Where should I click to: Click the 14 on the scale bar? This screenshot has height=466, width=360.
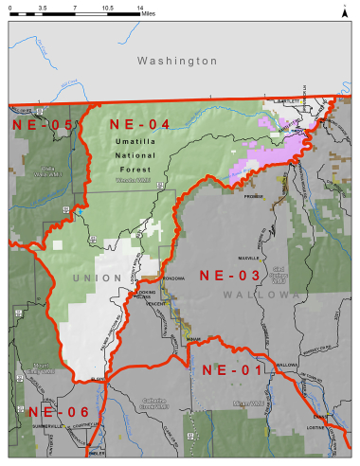[139, 7]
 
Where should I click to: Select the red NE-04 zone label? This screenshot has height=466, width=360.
[139, 124]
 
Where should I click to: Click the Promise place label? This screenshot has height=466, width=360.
[251, 197]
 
